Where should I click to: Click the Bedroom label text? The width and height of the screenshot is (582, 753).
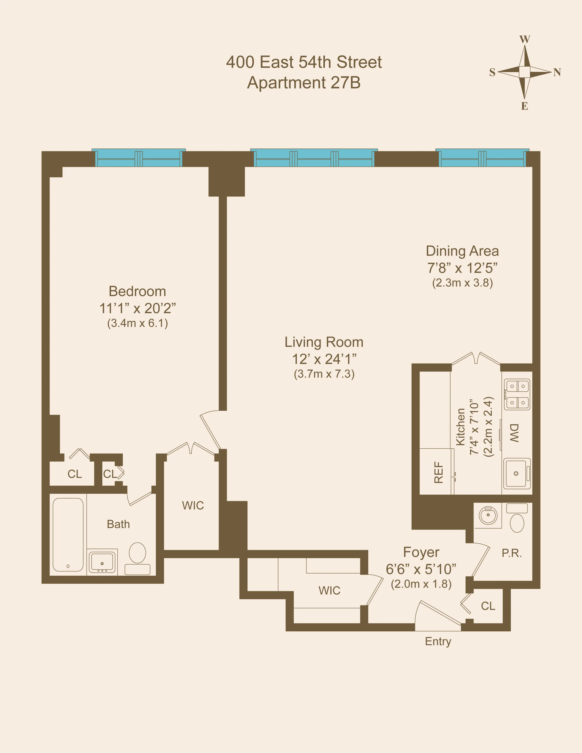click(137, 291)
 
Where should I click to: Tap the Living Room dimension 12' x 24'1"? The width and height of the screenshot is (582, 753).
click(324, 359)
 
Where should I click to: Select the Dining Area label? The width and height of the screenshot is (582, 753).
click(462, 251)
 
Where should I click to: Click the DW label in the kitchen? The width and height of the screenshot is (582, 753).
click(514, 433)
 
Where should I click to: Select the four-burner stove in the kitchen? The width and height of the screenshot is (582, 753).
click(517, 395)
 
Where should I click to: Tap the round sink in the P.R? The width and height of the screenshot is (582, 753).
click(488, 516)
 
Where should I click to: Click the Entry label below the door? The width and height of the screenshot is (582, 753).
click(438, 641)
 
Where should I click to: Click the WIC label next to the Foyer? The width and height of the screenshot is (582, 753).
click(329, 591)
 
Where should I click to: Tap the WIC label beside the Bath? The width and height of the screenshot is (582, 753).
click(193, 505)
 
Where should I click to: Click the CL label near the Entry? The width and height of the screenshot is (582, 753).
click(488, 606)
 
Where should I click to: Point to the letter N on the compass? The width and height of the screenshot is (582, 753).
click(557, 72)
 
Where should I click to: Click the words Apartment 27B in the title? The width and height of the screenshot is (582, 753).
click(304, 83)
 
